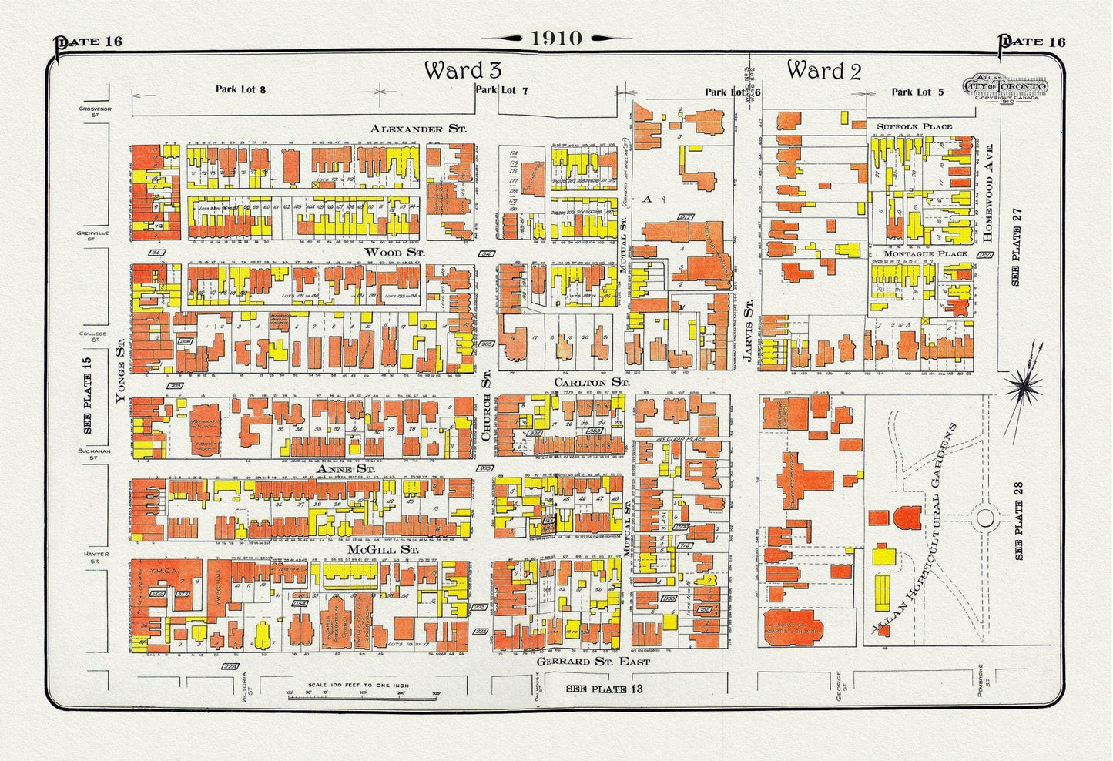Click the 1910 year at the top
pyautogui.click(x=556, y=38)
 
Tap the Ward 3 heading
pyautogui.click(x=463, y=70)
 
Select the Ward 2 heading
pyautogui.click(x=823, y=70)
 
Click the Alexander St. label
pyautogui.click(x=417, y=129)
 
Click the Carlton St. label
pyautogui.click(x=592, y=381)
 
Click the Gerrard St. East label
pyautogui.click(x=592, y=661)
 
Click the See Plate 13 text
pyautogui.click(x=604, y=688)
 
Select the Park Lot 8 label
pyautogui.click(x=240, y=89)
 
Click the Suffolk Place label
pyautogui.click(x=914, y=126)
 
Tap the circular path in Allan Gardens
pyautogui.click(x=985, y=518)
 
